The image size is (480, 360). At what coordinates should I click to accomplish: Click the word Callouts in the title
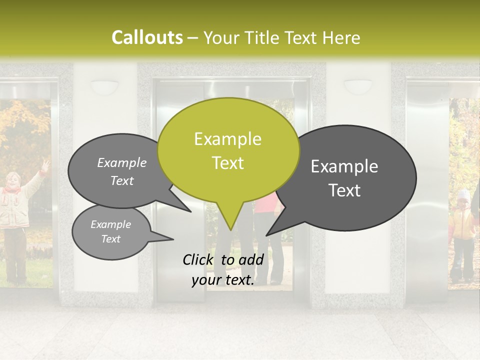coord(147,37)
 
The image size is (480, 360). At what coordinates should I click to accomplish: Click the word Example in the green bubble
coord(228,139)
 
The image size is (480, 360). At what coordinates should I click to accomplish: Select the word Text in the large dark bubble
coord(345,190)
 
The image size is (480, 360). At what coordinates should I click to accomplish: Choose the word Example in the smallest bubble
coord(111,224)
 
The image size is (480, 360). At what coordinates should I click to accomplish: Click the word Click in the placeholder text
coord(198,259)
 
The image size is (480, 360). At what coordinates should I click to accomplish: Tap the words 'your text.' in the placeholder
coord(223,280)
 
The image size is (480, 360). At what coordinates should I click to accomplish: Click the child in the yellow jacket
coord(462,230)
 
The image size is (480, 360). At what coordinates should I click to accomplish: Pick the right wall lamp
coord(358,86)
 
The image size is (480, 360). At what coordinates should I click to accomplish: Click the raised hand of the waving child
coord(45,164)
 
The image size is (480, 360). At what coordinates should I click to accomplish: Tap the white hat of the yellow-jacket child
coord(464,194)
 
